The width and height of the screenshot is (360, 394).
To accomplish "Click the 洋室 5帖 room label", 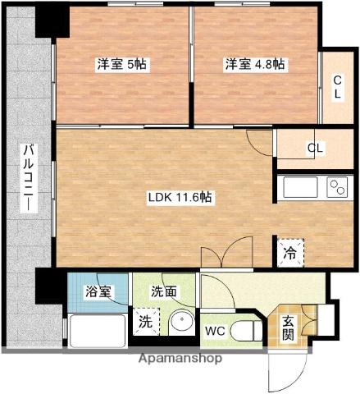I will (x=121, y=63).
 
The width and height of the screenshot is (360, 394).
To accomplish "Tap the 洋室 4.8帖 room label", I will (x=255, y=63).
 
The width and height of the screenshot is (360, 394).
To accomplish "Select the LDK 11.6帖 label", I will (x=180, y=197).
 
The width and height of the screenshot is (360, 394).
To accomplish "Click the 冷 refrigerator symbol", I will (x=290, y=250).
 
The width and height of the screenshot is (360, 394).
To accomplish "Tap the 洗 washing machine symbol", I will (x=144, y=322).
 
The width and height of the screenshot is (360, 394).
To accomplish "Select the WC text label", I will (x=216, y=332).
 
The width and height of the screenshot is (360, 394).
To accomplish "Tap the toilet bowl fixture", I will (x=244, y=332).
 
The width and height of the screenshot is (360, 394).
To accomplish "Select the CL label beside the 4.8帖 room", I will (x=338, y=86).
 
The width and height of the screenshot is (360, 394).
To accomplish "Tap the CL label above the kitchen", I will (x=315, y=149).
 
